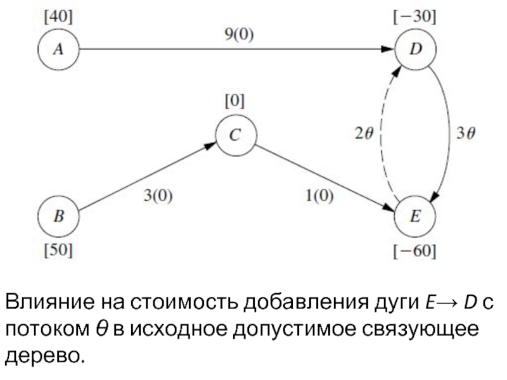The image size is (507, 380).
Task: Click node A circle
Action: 58,50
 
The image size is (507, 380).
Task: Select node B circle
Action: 58,215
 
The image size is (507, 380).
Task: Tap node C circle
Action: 234,135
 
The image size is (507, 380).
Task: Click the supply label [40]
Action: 57,18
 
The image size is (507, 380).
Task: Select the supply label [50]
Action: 58,250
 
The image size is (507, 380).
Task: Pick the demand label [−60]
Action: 414,251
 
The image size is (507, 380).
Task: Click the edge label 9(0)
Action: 239,35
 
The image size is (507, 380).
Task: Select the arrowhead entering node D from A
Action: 388,49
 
